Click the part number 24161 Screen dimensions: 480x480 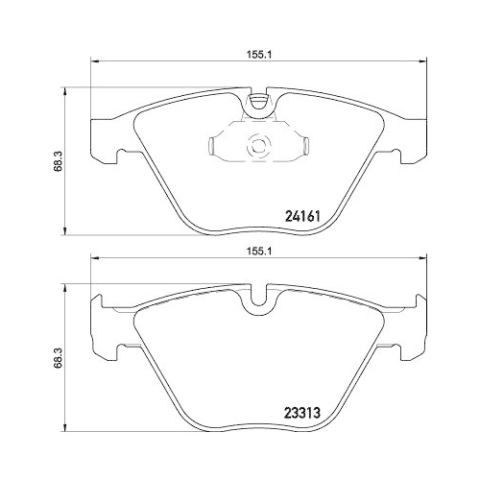pyautogui.click(x=302, y=216)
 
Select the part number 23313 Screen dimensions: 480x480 pyautogui.click(x=302, y=413)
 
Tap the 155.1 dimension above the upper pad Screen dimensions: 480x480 pyautogui.click(x=258, y=55)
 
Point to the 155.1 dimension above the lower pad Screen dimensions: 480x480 pyautogui.click(x=258, y=252)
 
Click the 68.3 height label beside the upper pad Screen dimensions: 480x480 pyautogui.click(x=59, y=161)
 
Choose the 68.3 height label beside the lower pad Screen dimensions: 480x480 pyautogui.click(x=59, y=358)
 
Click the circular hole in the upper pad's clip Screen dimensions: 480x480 pyautogui.click(x=257, y=147)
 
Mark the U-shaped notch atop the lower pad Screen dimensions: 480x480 pyautogui.click(x=258, y=296)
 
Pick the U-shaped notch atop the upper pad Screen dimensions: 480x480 pyautogui.click(x=258, y=102)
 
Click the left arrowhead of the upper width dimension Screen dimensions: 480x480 pyautogui.click(x=95, y=61)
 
